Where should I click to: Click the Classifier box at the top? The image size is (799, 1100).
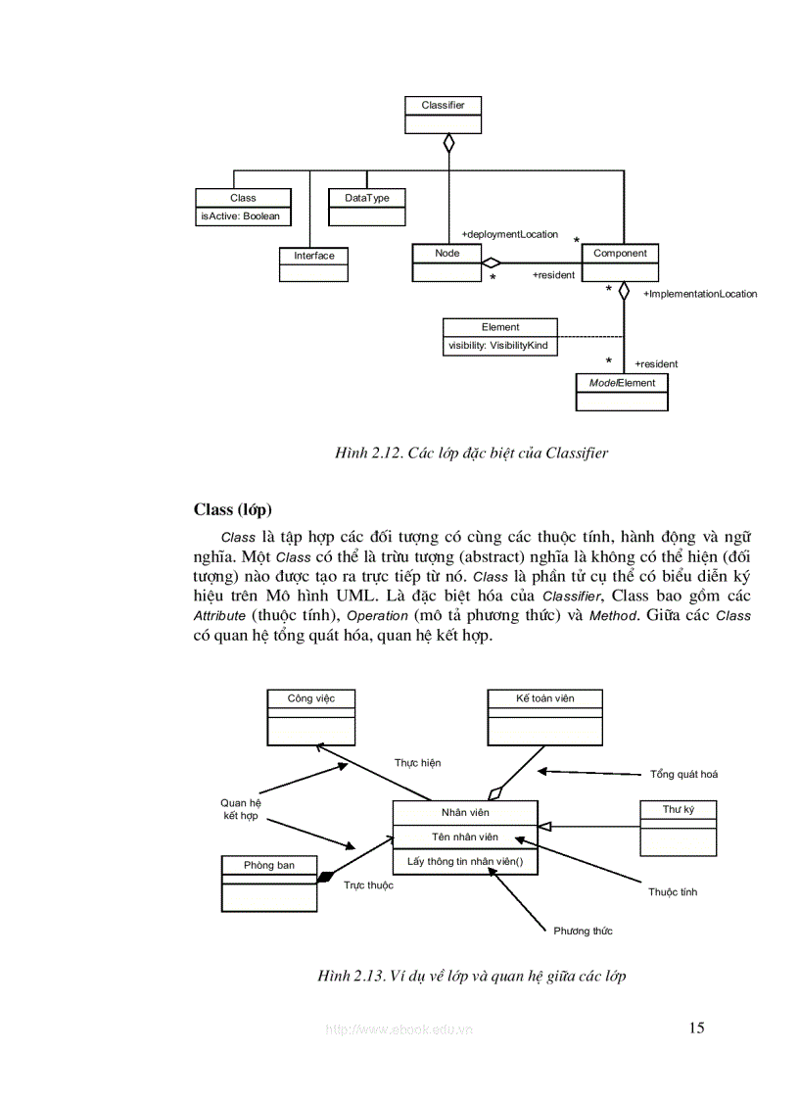tap(443, 114)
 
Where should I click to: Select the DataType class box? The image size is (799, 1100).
tap(367, 207)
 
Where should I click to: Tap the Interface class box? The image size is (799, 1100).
tap(313, 263)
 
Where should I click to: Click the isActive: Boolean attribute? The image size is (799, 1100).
tap(242, 216)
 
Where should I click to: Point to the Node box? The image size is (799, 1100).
tap(446, 262)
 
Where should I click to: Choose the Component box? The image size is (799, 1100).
tap(620, 262)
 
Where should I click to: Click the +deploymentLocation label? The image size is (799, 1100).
tap(509, 234)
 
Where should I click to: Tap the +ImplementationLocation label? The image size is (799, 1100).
tap(700, 294)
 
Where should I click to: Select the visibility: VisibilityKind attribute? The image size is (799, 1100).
tap(498, 346)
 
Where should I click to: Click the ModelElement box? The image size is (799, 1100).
tap(622, 391)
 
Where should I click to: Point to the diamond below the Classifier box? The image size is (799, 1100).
tap(448, 143)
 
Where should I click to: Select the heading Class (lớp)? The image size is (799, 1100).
tap(233, 509)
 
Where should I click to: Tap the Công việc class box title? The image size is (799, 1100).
tap(311, 698)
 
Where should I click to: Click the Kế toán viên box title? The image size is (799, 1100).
tap(544, 698)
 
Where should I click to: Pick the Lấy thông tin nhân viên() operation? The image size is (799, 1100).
tap(465, 862)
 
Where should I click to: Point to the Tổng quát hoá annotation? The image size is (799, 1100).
tap(683, 774)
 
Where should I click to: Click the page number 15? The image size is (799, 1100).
tap(696, 1028)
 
